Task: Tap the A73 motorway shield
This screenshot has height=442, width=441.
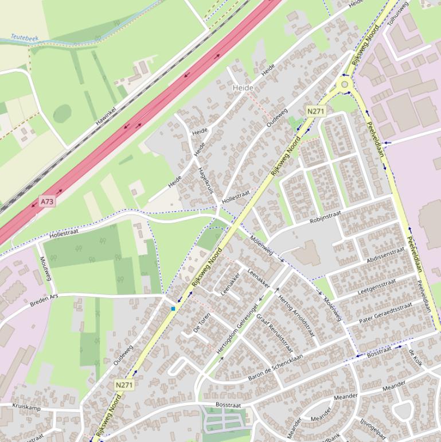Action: [x=47, y=201]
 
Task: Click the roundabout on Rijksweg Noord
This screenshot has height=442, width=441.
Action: [x=345, y=84]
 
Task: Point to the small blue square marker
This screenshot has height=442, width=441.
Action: [x=173, y=309]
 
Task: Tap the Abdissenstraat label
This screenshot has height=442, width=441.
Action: [x=385, y=254]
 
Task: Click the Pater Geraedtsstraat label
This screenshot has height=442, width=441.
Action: [x=385, y=313]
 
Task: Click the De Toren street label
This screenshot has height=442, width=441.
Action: [x=202, y=323]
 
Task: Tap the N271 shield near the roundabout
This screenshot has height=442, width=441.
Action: [x=315, y=111]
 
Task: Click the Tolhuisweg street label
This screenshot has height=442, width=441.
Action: [x=398, y=13]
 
